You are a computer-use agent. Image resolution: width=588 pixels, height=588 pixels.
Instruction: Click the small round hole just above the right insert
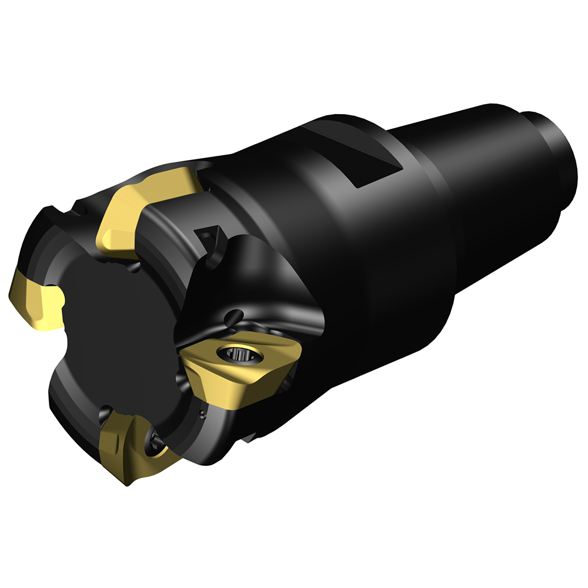(x=236, y=314)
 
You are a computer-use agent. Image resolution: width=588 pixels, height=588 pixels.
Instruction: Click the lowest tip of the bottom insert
(x=127, y=484)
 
